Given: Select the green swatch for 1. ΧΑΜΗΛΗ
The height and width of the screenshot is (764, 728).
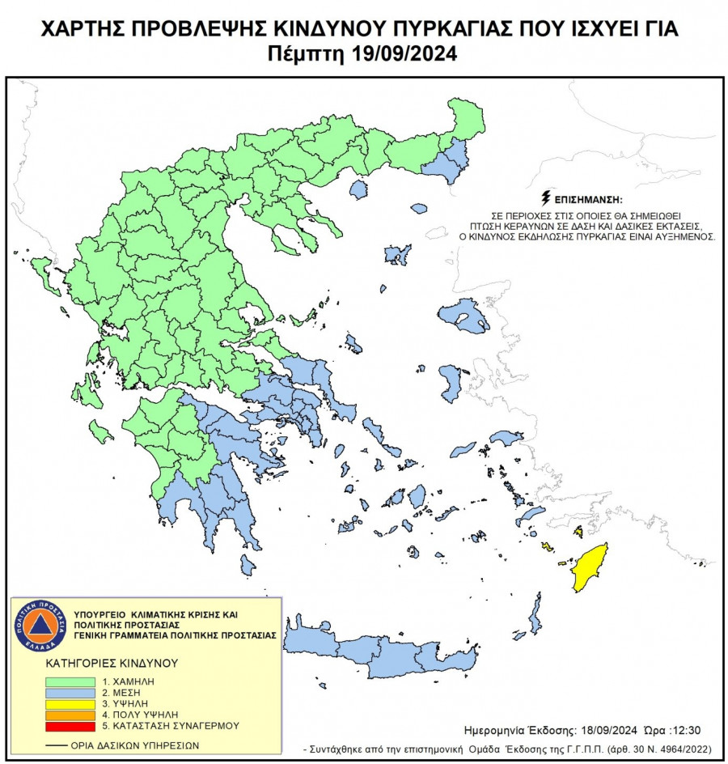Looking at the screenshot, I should pos(68,682).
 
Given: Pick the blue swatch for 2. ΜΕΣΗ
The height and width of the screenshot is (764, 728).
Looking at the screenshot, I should pos(68,694).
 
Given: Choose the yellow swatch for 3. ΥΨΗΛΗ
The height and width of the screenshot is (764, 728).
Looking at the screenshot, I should pos(68,705).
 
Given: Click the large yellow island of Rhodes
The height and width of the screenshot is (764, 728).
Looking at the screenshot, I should pos(590,567).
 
